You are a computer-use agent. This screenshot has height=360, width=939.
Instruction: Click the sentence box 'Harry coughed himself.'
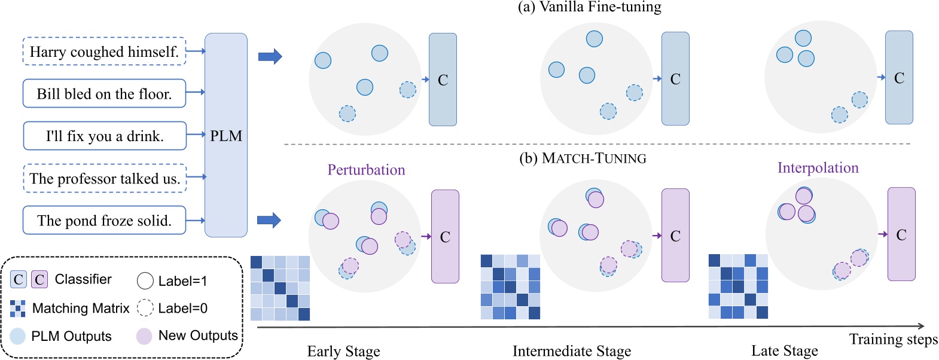click(104, 52)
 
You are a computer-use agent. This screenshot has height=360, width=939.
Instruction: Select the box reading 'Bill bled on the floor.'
click(104, 94)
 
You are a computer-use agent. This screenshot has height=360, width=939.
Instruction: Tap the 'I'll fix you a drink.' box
click(105, 136)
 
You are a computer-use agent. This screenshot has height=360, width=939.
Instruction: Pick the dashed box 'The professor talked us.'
click(105, 179)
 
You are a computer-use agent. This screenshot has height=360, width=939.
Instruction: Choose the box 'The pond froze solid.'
click(104, 221)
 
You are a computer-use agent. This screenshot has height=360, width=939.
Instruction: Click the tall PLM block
click(226, 135)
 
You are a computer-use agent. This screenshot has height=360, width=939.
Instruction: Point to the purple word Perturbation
click(366, 170)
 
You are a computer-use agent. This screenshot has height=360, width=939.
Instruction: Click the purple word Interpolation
click(818, 168)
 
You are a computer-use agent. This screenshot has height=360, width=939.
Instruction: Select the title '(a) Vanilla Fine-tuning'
click(589, 7)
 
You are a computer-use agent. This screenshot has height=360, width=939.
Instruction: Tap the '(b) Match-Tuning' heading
click(583, 158)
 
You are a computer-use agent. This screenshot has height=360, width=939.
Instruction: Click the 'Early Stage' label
click(343, 351)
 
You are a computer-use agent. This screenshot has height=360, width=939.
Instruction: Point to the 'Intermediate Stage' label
click(571, 351)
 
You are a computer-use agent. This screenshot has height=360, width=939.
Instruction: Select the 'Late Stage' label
click(784, 351)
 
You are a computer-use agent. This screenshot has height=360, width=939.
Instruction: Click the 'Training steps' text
click(893, 340)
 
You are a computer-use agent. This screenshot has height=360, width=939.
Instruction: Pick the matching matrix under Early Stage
click(280, 288)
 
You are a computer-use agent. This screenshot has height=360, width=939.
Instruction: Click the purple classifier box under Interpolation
click(901, 234)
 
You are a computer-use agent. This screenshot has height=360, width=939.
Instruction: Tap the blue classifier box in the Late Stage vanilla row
click(899, 78)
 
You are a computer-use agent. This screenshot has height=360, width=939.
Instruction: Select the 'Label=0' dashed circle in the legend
click(145, 308)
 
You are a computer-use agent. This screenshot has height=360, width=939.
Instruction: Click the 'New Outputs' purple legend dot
click(144, 336)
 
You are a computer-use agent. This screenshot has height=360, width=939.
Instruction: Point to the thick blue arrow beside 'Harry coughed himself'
click(270, 57)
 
